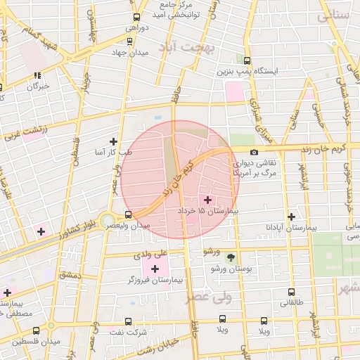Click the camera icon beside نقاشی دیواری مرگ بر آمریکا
254,152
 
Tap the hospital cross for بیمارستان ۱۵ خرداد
207,200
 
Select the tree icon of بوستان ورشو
231,257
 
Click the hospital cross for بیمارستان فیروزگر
154,269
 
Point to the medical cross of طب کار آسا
113,141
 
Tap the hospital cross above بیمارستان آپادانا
291,217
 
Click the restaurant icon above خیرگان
37,76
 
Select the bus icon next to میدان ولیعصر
127,215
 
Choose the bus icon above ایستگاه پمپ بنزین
247,60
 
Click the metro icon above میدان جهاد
129,41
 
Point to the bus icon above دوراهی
136,17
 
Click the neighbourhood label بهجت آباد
190,46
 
